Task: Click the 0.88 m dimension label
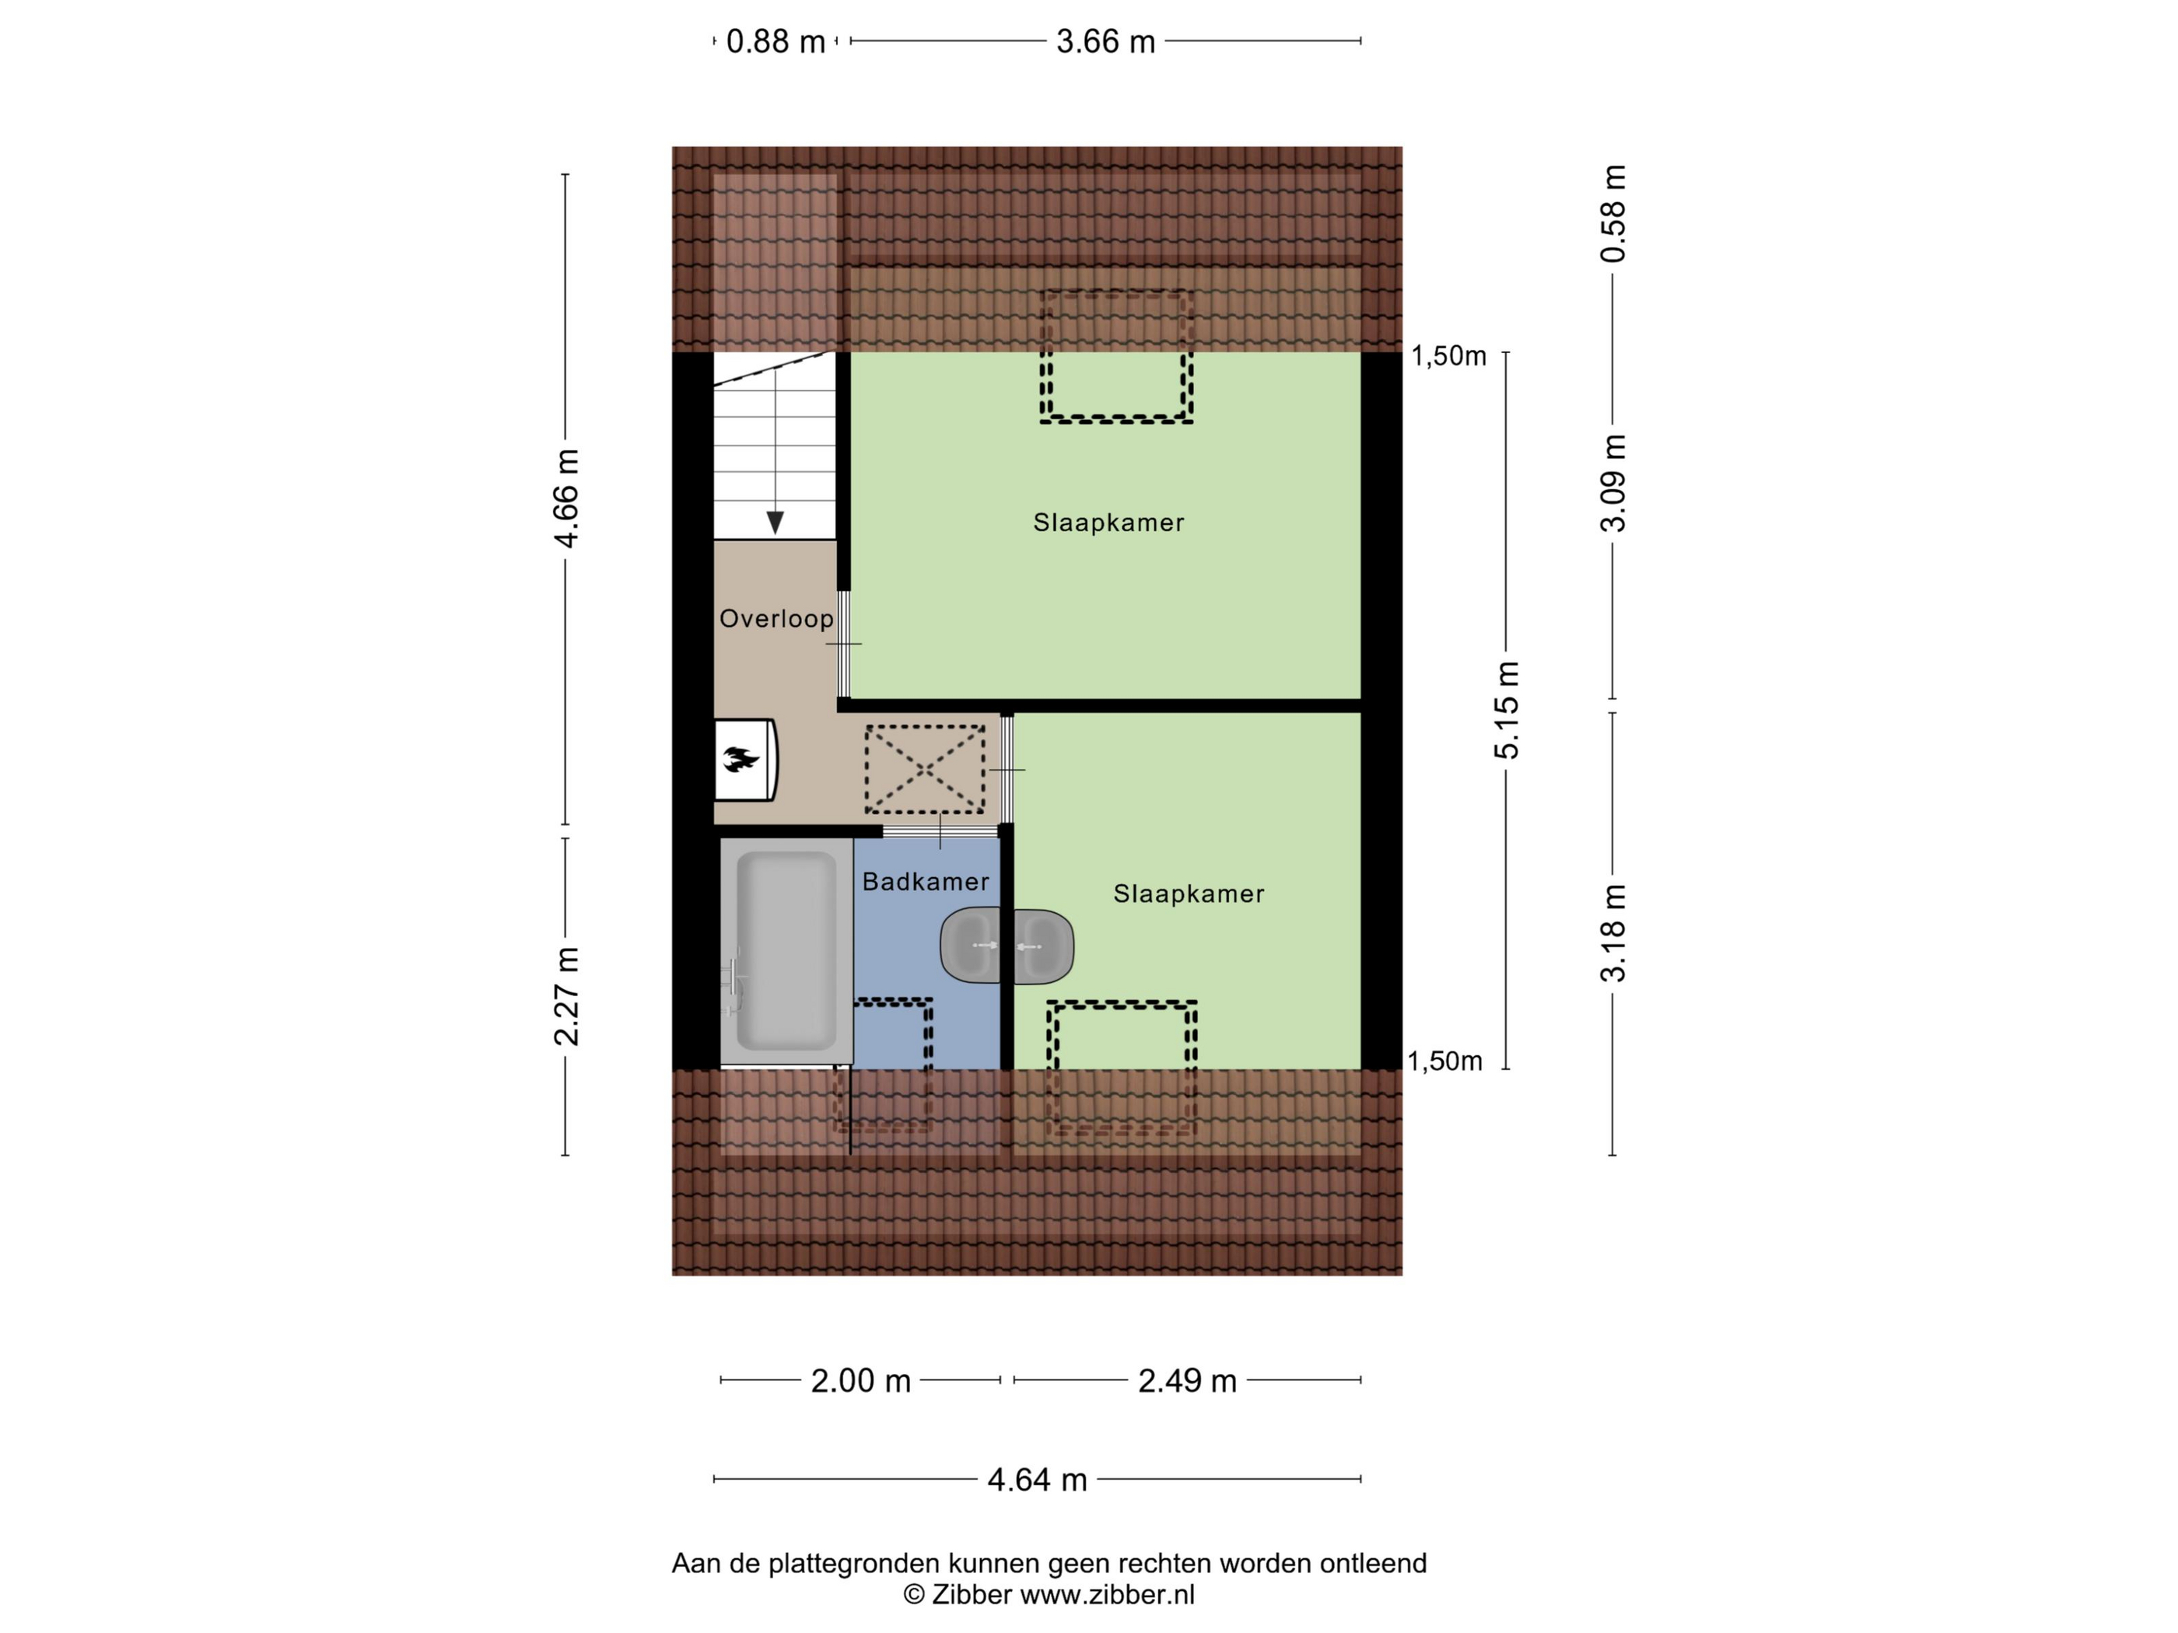(x=775, y=41)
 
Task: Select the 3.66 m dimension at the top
(x=1106, y=41)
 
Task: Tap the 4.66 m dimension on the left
(x=566, y=498)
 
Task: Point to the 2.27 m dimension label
(x=566, y=996)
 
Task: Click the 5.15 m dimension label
(x=1507, y=710)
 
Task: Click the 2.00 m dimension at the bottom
(x=860, y=1381)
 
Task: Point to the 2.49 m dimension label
(x=1188, y=1381)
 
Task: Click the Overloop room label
(x=776, y=619)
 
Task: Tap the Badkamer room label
(x=926, y=882)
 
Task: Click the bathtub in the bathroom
(x=786, y=951)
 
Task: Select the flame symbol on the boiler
(x=741, y=759)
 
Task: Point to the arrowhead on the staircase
(x=775, y=523)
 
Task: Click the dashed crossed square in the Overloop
(x=925, y=770)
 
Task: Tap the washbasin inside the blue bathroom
(x=971, y=946)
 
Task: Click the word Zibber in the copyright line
(x=972, y=1596)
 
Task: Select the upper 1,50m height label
(x=1448, y=356)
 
